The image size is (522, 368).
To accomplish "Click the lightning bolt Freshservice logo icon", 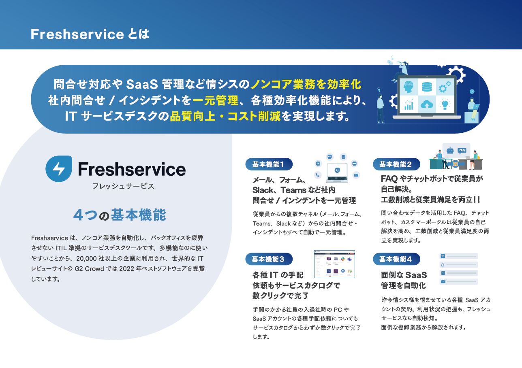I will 59,169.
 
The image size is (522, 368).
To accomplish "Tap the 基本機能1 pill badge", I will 268,164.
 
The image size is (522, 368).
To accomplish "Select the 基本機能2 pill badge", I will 396,164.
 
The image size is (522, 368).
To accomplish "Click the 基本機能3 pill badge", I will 268,259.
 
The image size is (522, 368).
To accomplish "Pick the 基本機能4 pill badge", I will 396,259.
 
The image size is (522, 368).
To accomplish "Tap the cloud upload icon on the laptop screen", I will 427,104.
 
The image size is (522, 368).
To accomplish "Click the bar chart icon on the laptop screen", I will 408,104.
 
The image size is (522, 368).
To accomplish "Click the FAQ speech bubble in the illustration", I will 462,150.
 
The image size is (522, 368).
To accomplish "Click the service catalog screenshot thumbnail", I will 334,264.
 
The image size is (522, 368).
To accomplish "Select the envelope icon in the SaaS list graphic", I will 443,282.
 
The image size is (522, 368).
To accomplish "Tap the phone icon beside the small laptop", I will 318,175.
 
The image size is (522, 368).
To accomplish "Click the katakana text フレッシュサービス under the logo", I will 117,187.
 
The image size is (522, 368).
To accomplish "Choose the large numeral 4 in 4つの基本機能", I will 78,215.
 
